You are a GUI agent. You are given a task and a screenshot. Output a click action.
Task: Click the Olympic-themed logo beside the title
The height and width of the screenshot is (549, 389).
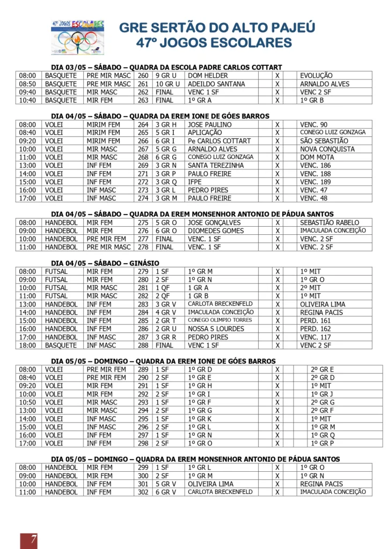78,37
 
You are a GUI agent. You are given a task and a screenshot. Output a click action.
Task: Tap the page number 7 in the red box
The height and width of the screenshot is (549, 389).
28,539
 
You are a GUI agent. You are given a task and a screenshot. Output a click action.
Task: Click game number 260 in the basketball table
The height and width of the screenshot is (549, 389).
143,76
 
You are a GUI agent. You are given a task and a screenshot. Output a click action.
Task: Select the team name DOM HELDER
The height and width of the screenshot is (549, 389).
208,76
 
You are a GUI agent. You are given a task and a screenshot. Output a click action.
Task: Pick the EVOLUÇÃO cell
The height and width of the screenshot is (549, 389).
316,76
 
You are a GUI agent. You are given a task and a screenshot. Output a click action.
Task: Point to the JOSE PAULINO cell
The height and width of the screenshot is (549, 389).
210,124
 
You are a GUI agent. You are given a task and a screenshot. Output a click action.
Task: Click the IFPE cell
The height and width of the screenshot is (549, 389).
196,182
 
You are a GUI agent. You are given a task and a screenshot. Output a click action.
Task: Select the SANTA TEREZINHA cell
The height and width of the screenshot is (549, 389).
216,165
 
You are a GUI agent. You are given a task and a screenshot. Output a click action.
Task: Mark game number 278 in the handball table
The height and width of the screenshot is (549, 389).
143,247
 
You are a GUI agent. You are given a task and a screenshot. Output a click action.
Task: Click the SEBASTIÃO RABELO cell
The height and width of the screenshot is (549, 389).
329,222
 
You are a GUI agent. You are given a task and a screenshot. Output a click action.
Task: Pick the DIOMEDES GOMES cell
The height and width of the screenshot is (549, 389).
216,231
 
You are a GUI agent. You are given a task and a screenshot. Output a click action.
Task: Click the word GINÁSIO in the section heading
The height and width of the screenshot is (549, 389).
144,263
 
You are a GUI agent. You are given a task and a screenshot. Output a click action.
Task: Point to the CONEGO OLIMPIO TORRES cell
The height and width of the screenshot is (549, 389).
221,321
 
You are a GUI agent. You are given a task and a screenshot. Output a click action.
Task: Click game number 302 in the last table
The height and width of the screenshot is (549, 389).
143,492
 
